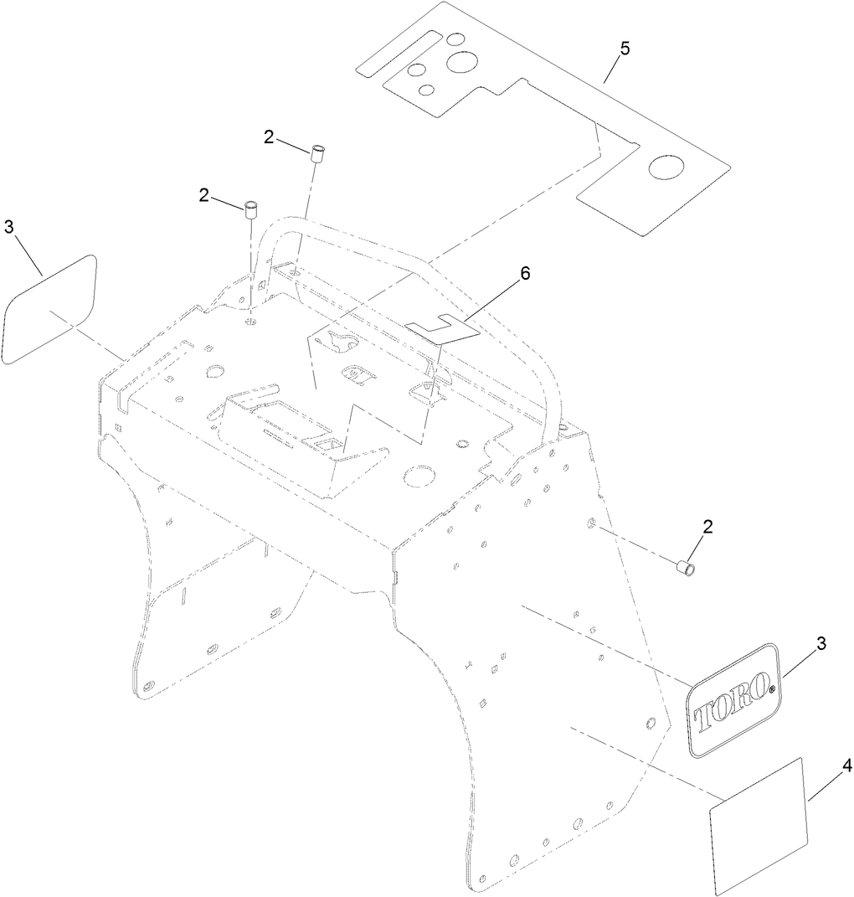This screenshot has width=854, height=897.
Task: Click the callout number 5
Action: tap(625, 49)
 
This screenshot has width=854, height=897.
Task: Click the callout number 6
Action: tap(524, 273)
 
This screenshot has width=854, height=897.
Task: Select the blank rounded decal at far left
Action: tap(49, 309)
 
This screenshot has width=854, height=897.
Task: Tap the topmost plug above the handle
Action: tap(318, 154)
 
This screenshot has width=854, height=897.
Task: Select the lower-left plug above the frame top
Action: tap(250, 209)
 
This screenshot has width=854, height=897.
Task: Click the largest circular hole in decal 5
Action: tap(462, 61)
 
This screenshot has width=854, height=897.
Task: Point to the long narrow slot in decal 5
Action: tap(398, 54)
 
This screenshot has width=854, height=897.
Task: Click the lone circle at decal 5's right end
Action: tap(666, 166)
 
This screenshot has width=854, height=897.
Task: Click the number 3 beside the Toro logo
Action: tap(821, 643)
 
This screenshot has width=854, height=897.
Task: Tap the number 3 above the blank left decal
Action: tap(8, 227)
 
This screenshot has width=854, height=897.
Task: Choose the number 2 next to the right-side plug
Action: tap(707, 528)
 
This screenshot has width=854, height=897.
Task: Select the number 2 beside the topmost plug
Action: tap(268, 137)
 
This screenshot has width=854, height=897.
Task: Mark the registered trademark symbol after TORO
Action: tap(772, 690)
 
